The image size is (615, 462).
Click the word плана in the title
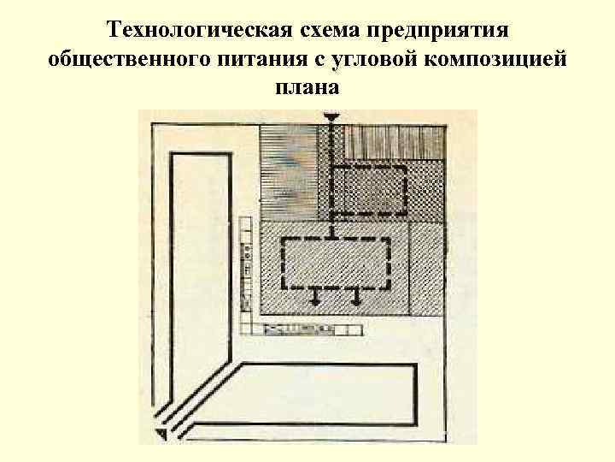(x=307, y=87)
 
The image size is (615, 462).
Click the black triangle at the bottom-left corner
(x=160, y=436)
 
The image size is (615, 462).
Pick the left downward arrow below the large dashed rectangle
(x=314, y=297)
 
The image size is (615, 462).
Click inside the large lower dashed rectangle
(x=336, y=264)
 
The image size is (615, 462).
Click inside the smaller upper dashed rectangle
(x=367, y=191)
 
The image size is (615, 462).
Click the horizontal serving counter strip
(x=307, y=328)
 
